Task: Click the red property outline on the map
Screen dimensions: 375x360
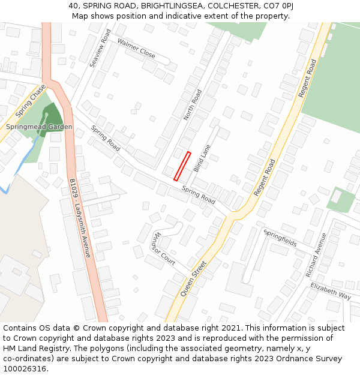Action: point(182,166)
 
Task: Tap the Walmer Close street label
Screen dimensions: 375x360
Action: point(136,49)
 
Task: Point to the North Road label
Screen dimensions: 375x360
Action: point(193,105)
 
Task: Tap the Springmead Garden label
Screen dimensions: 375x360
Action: point(39,127)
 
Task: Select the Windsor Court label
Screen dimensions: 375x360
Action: point(163,249)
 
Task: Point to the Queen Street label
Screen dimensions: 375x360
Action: point(193,278)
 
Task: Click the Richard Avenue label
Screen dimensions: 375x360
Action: point(315,254)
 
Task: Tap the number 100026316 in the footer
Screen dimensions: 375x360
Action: point(26,369)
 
